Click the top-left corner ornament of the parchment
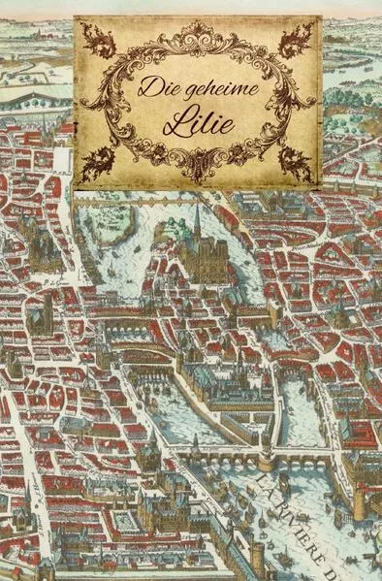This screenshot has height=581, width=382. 98,41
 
